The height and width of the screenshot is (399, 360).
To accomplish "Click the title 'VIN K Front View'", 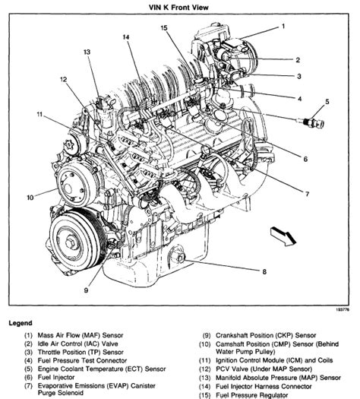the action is pos(178,8).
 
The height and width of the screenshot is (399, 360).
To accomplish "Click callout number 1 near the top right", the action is pos(283,27).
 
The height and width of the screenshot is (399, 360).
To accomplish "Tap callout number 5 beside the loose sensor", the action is pos(327,102).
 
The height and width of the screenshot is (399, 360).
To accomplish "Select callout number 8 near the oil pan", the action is pos(264,272).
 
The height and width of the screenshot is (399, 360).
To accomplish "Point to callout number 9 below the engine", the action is pos(86,290).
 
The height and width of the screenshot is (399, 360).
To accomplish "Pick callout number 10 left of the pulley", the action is pos(30,198).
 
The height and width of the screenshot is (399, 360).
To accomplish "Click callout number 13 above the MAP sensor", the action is pos(87,52).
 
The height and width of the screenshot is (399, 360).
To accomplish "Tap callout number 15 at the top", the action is pos(164,27).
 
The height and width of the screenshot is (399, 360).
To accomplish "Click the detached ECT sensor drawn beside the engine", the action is pos(313,122).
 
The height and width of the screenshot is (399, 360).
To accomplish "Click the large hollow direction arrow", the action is pos(283,236).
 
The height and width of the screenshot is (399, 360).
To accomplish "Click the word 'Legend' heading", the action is pos(21,323).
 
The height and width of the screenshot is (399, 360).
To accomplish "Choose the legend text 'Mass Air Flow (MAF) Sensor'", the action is pos(81,335).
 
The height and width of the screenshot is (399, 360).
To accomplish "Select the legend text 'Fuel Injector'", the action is pos(56,377).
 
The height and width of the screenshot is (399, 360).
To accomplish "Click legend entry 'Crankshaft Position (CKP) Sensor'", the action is pos(266,335).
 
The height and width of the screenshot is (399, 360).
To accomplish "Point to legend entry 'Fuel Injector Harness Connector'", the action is pos(264,387).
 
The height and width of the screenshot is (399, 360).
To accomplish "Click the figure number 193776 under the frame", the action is pos(343,309).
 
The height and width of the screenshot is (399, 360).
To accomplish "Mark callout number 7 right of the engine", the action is pos(307,194).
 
